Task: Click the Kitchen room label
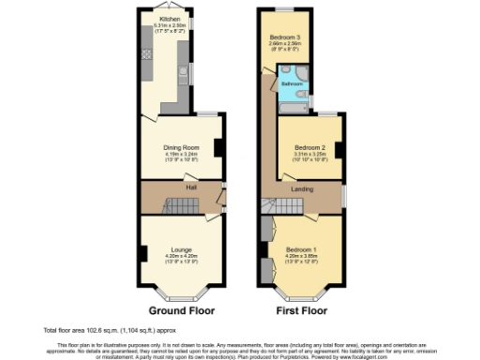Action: [x=170, y=17]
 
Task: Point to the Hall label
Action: [x=191, y=188]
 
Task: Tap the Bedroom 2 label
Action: [x=309, y=148]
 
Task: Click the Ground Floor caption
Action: [x=181, y=309]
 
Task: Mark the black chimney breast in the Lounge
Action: [x=143, y=253]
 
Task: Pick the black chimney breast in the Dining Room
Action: [x=217, y=148]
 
